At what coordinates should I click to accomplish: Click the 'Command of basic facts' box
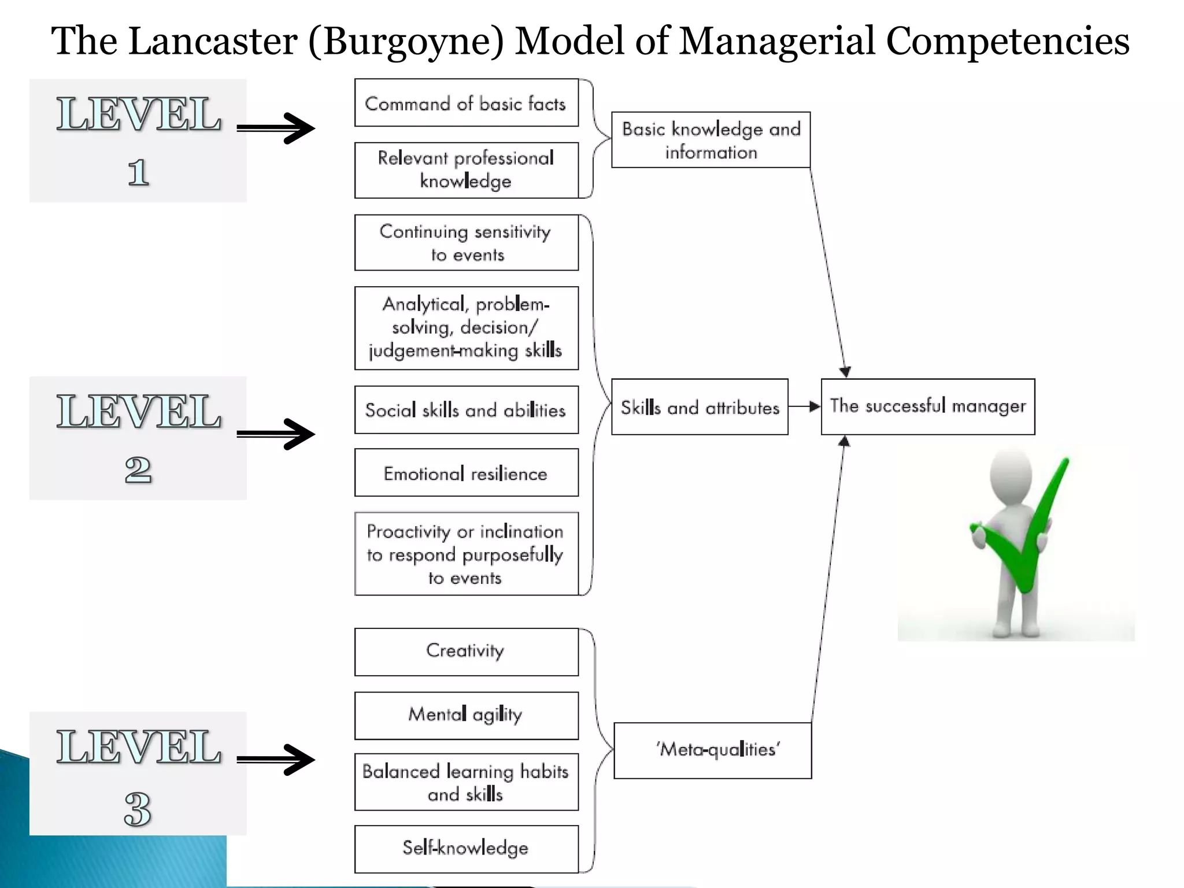coord(466,103)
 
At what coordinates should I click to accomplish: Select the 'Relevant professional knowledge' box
coord(466,170)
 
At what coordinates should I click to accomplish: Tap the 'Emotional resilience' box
coord(466,473)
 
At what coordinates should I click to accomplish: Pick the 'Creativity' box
coord(466,652)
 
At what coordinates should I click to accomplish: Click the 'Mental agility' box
coord(466,715)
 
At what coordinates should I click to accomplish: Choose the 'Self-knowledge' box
coord(466,849)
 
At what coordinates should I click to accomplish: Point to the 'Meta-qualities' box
coord(712,750)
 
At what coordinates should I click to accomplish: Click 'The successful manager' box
coord(927,406)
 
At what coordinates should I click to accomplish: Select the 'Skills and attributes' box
coord(700,407)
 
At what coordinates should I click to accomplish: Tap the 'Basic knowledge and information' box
coord(711,140)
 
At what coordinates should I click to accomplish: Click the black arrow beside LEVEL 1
coord(276,128)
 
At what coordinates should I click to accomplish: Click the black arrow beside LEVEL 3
coord(276,760)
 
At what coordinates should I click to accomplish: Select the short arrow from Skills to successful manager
coord(804,406)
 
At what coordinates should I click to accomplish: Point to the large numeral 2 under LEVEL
coord(138,469)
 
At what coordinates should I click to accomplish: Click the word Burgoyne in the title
coord(406,42)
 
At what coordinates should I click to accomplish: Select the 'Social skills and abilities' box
coord(466,410)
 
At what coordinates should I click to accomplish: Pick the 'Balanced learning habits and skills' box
coord(466,782)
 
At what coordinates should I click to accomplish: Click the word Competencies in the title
coord(1007,42)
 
